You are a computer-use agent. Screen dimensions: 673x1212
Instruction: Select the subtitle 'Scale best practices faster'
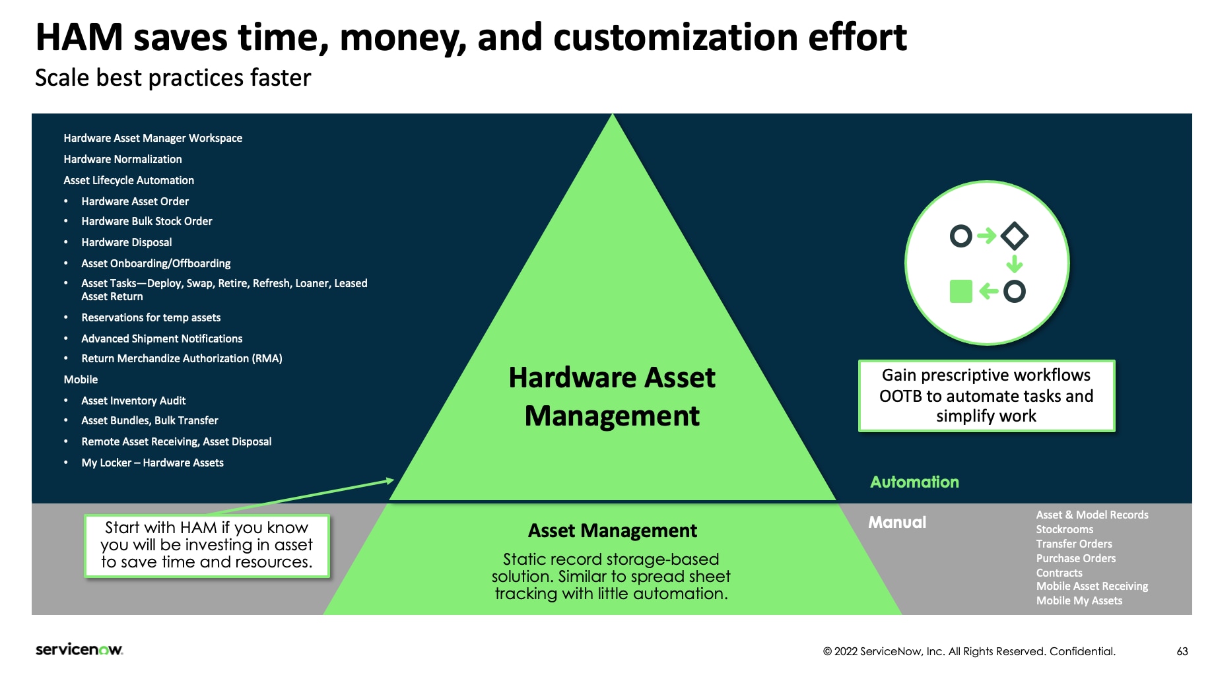pyautogui.click(x=172, y=78)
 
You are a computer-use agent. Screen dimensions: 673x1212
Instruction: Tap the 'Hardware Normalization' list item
pyautogui.click(x=123, y=159)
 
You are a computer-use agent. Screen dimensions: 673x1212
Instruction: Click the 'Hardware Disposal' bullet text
pyautogui.click(x=126, y=242)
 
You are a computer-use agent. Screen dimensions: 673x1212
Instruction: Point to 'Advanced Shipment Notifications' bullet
pyautogui.click(x=162, y=338)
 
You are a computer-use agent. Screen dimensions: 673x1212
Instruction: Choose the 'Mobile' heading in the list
pyautogui.click(x=81, y=379)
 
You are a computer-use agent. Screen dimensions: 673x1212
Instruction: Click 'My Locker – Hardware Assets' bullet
pyautogui.click(x=152, y=463)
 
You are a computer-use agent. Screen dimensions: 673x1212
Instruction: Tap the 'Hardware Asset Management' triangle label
pyautogui.click(x=612, y=397)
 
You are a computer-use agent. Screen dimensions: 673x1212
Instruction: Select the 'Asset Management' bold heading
pyautogui.click(x=612, y=530)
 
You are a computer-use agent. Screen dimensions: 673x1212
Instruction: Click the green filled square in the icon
pyautogui.click(x=960, y=291)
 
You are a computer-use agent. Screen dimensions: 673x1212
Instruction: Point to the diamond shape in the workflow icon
pyautogui.click(x=1015, y=236)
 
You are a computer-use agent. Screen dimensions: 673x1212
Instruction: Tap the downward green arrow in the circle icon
pyautogui.click(x=1015, y=265)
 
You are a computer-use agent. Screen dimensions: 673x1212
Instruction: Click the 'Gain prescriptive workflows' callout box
pyautogui.click(x=986, y=396)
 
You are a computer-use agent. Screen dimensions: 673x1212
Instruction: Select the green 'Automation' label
pyautogui.click(x=914, y=482)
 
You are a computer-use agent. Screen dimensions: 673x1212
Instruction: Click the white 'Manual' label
pyautogui.click(x=897, y=523)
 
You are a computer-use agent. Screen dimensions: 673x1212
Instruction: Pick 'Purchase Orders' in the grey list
pyautogui.click(x=1075, y=558)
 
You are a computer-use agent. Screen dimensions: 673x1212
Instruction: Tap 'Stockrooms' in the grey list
pyautogui.click(x=1064, y=529)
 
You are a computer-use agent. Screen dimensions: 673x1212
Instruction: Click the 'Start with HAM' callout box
pyautogui.click(x=207, y=545)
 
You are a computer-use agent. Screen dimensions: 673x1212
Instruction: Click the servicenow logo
pyautogui.click(x=79, y=649)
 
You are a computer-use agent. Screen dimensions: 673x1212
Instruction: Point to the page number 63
pyautogui.click(x=1182, y=651)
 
